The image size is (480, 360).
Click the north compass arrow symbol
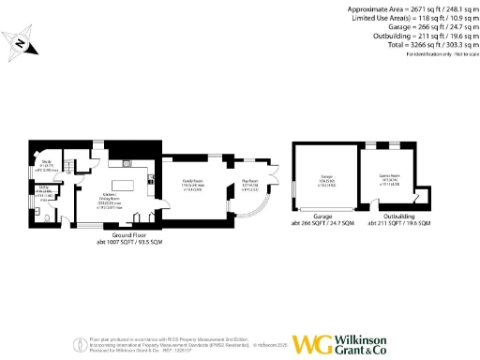pos(21,40)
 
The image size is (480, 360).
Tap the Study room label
pos(46,166)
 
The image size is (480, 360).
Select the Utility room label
pos(44,189)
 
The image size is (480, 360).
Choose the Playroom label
pos(249,183)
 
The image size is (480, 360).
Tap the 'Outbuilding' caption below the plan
pos(399,217)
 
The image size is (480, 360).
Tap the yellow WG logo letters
pos(312,344)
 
